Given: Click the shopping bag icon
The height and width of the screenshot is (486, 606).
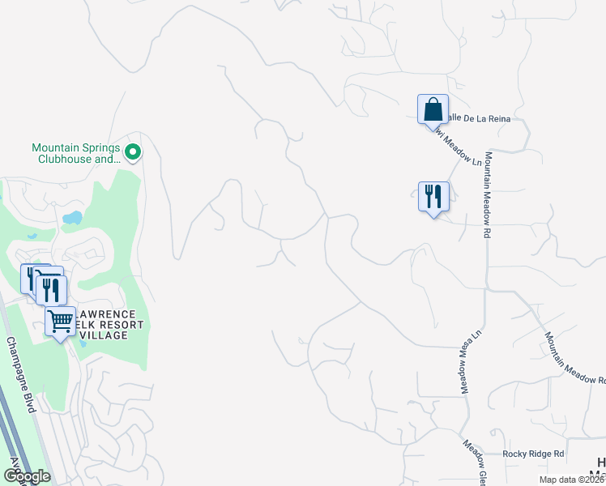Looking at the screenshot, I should coord(433,109).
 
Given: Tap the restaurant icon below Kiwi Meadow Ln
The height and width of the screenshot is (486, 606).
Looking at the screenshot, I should coord(433,196).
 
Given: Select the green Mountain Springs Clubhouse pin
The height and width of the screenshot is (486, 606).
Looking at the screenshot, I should coord(134,151).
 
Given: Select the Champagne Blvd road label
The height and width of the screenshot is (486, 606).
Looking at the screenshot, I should coord(21,375).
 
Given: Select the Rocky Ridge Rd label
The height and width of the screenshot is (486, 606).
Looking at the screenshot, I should coord(533,454).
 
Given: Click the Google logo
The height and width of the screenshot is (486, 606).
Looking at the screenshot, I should coord(27,476).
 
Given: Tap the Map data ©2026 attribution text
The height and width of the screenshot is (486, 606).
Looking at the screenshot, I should coord(571,480).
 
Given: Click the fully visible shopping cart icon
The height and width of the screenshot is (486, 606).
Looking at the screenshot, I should coord(61,322).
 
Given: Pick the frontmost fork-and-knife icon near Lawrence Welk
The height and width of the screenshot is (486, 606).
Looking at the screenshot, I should coord(51,290).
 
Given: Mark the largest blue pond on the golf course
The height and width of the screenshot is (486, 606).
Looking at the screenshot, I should coord(72,218).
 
